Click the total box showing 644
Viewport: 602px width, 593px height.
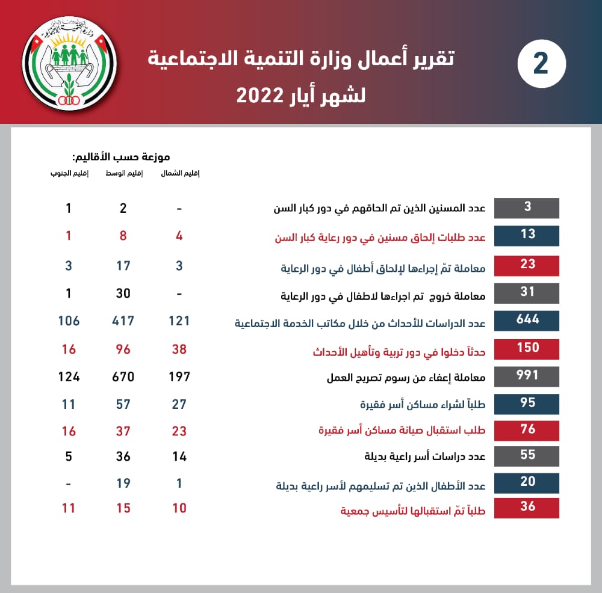pos(527,320)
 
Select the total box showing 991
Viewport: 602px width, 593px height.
pos(527,376)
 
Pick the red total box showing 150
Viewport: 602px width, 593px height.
pos(527,348)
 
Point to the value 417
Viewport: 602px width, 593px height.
pos(123,321)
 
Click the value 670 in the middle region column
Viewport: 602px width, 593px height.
pos(123,377)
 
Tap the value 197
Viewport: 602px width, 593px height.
pos(179,377)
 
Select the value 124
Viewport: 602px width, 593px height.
pos(69,377)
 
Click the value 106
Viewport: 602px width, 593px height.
pos(69,321)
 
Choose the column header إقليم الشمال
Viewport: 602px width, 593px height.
pos(180,174)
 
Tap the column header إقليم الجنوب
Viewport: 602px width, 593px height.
pos(69,174)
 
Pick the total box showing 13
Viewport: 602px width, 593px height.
pos(527,234)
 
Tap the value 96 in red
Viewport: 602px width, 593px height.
pos(123,349)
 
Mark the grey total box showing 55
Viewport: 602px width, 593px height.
pos(527,455)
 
